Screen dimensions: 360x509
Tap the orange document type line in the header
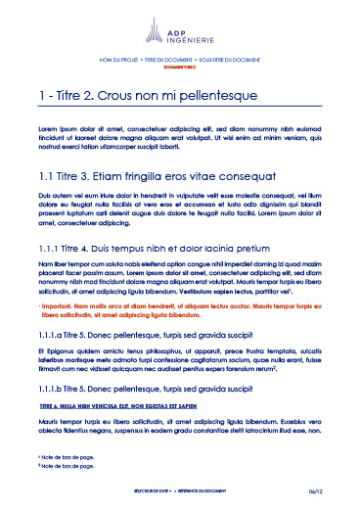coord(179,67)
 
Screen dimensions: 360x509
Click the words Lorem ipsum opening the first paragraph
coord(58,129)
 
